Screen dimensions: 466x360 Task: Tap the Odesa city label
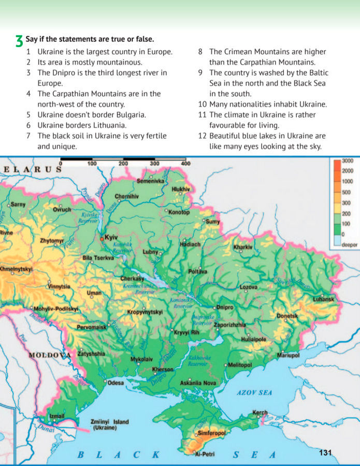coord(116,383)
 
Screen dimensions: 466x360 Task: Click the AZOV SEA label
coord(254,392)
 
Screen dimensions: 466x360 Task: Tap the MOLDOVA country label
coord(49,355)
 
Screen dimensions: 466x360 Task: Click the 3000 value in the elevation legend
coord(347,162)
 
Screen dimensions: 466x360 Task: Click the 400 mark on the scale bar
coord(185,164)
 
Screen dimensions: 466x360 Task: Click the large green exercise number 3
coord(19,41)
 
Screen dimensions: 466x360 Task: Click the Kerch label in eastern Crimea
coord(260,413)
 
